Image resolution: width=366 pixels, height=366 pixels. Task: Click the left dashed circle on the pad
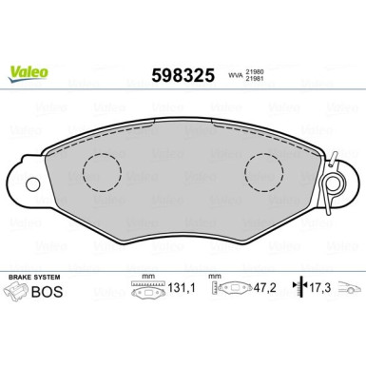tap(102, 172)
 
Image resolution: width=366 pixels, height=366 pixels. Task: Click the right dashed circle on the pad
tap(264, 172)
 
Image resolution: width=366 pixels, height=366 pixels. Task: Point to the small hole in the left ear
tap(30, 183)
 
